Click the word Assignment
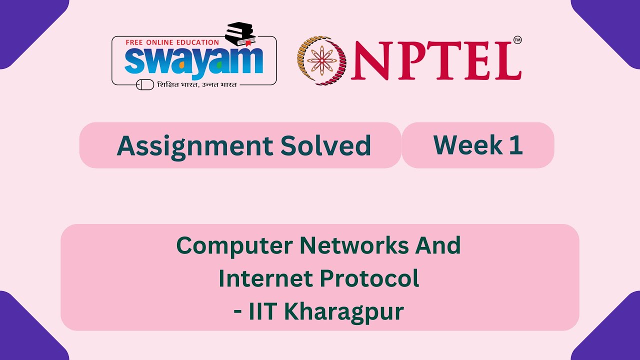click(194, 146)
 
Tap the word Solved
click(325, 146)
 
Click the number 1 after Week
click(516, 145)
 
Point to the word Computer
click(234, 246)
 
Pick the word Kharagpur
click(344, 312)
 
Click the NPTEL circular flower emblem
click(321, 60)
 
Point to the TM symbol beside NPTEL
click(517, 40)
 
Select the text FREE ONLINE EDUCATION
click(172, 42)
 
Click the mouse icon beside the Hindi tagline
click(145, 84)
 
